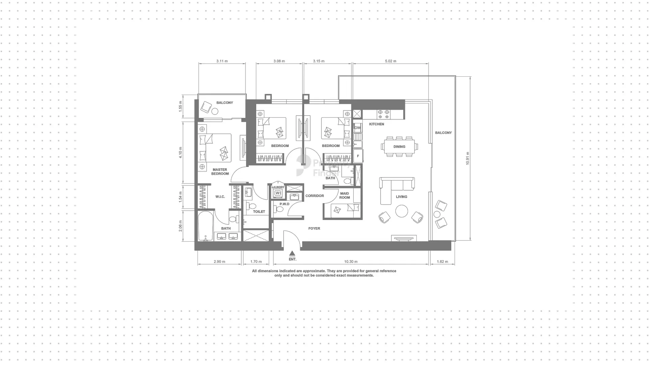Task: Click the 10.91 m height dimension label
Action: coord(467,158)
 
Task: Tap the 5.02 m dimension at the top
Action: coord(390,61)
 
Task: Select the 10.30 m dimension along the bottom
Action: coord(351,262)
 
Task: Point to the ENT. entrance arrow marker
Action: coord(292,253)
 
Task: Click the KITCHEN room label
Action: coord(377,124)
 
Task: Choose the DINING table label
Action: coord(399,147)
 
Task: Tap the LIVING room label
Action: coord(402,197)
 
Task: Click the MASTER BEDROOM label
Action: coord(220,172)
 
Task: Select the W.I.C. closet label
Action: coord(220,197)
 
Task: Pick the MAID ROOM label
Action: coord(344,195)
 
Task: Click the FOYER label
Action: coord(314,228)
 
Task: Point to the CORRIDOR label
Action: coord(315,196)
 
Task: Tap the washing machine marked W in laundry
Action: coord(278,193)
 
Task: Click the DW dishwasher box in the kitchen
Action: coord(357,128)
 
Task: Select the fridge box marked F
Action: coord(358,156)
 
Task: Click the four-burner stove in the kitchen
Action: coord(384,114)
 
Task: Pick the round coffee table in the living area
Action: coord(402,211)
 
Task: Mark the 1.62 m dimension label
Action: coord(442,262)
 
